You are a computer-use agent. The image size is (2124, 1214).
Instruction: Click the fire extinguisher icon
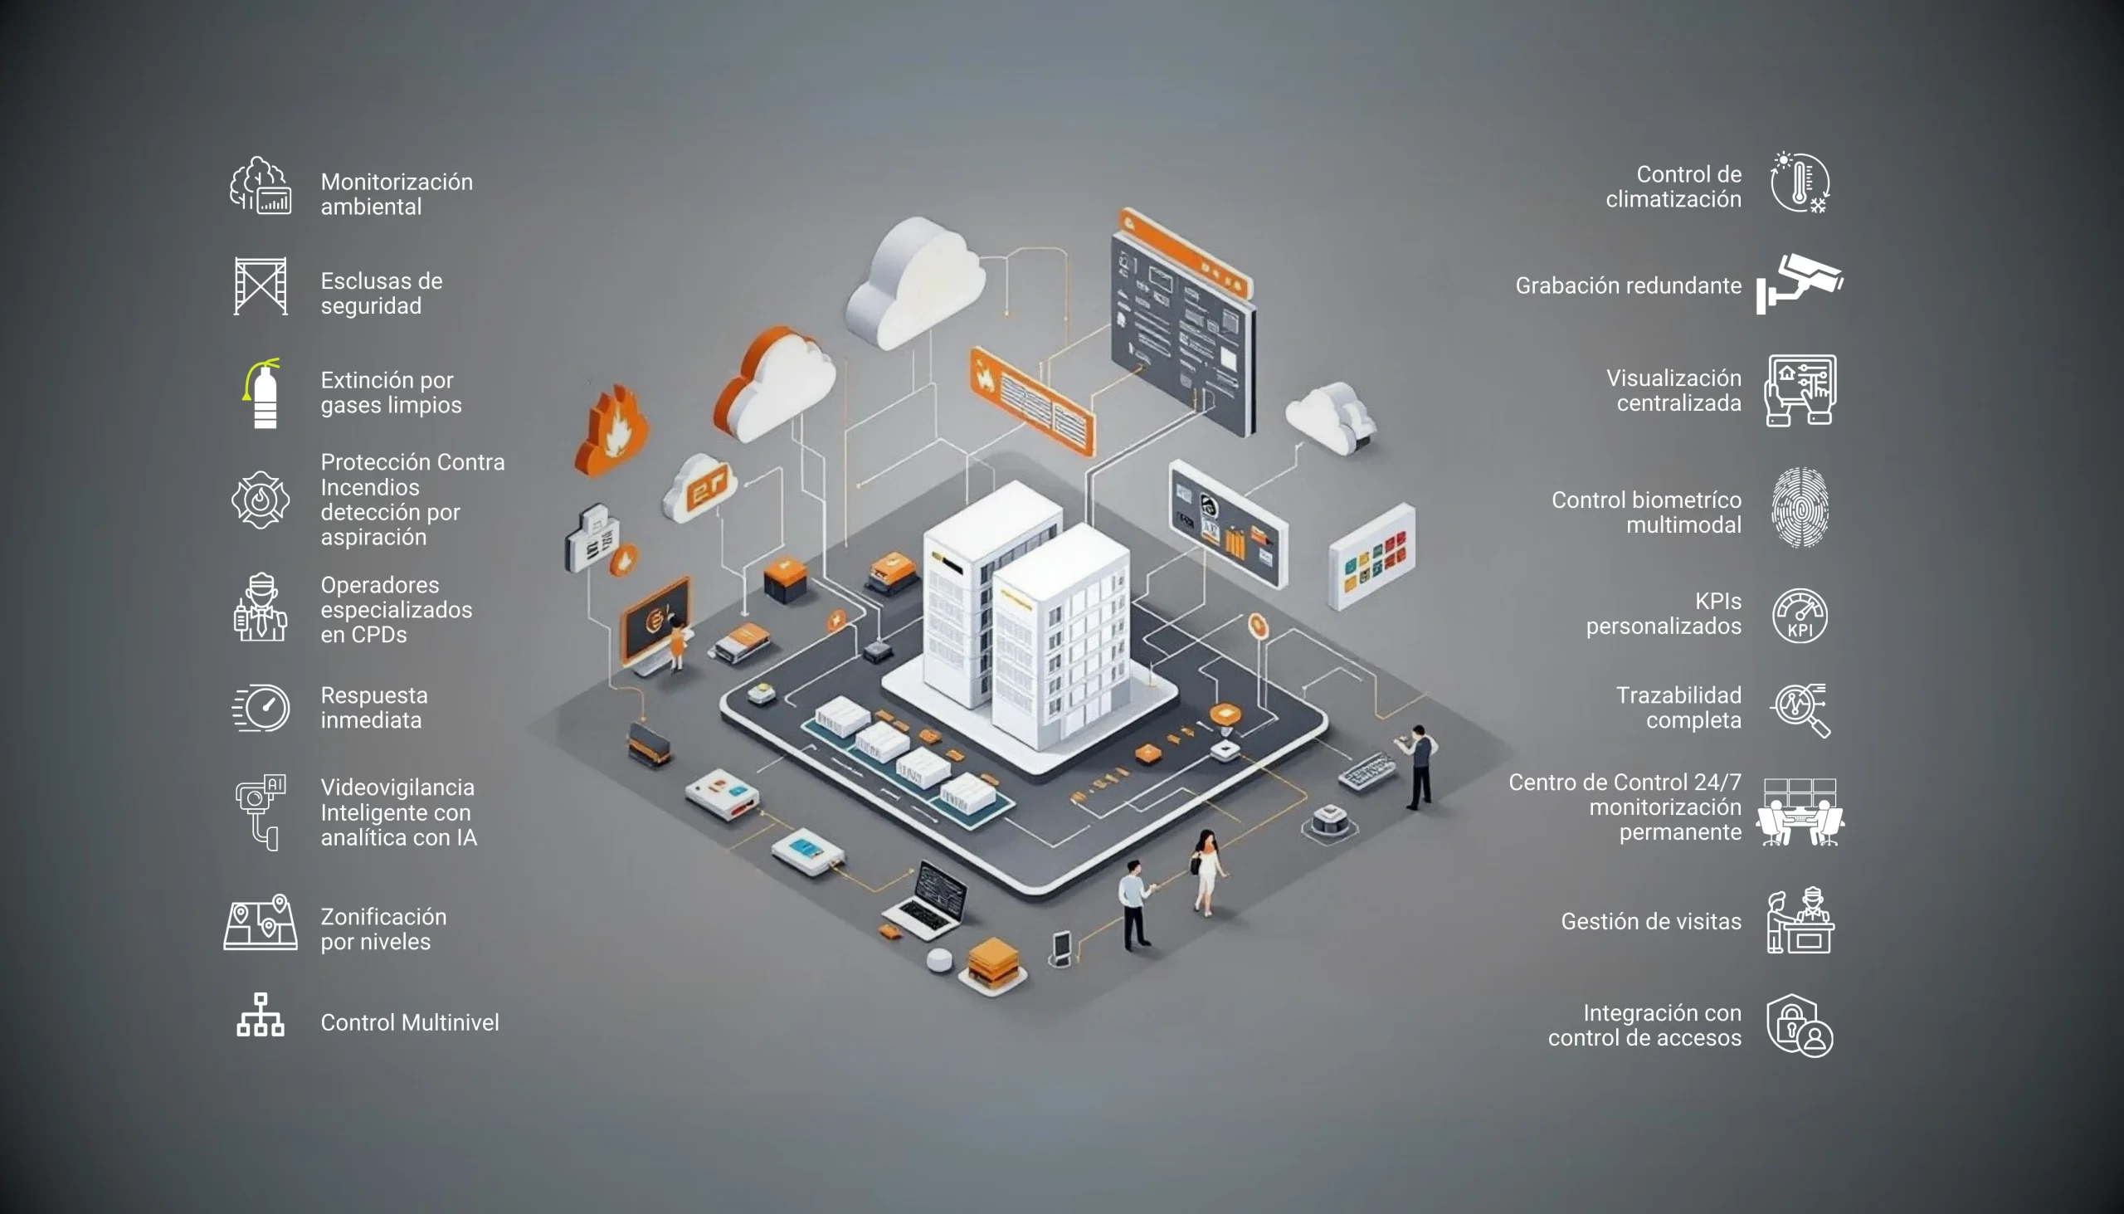pos(263,393)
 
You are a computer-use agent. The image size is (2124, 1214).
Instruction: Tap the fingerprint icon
pos(1800,507)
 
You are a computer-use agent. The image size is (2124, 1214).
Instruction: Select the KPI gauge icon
pos(1800,616)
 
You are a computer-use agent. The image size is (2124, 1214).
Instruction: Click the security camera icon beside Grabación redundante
pos(1800,284)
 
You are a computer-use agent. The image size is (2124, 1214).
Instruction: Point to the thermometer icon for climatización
pos(1800,183)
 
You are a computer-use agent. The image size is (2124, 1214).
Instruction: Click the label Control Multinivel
pos(409,1022)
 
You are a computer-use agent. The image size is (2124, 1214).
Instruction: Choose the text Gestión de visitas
pos(1650,921)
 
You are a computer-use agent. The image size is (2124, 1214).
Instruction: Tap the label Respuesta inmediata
pos(373,707)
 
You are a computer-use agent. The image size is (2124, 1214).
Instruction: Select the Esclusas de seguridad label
pos(381,293)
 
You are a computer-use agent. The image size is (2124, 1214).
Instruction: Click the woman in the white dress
pos(1208,871)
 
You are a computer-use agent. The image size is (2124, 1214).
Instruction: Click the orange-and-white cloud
pos(775,383)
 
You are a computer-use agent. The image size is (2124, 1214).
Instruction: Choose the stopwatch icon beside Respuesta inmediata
pos(261,708)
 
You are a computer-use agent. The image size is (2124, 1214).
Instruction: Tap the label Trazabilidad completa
pos(1677,707)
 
